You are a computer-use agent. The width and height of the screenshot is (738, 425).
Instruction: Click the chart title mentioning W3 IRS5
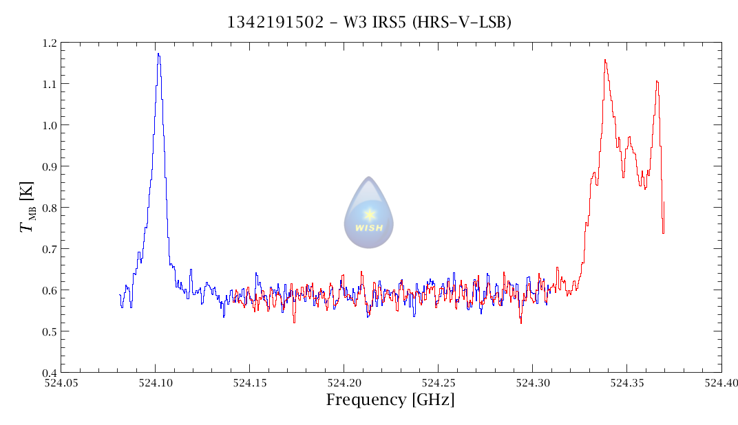coord(369,23)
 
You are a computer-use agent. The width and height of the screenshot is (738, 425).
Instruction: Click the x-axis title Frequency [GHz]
coord(390,400)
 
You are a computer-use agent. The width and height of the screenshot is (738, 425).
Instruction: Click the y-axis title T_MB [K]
coord(28,208)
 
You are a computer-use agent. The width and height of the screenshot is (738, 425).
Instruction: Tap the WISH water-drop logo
coord(369,213)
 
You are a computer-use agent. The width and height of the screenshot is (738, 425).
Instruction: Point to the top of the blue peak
coord(158,54)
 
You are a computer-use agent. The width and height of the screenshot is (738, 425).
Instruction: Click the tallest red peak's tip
coord(604,60)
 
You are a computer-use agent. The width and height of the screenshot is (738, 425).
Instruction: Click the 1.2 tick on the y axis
coord(49,43)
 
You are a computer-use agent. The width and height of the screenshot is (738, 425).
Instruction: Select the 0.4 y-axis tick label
coord(49,373)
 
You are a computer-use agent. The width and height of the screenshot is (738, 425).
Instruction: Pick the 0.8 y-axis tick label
coord(49,208)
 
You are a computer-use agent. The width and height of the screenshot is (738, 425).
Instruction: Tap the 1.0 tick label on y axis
coord(49,126)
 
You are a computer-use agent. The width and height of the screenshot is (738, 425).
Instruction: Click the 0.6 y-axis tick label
coord(49,291)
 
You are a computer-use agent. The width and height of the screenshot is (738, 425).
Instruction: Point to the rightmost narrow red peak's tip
coord(657,81)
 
